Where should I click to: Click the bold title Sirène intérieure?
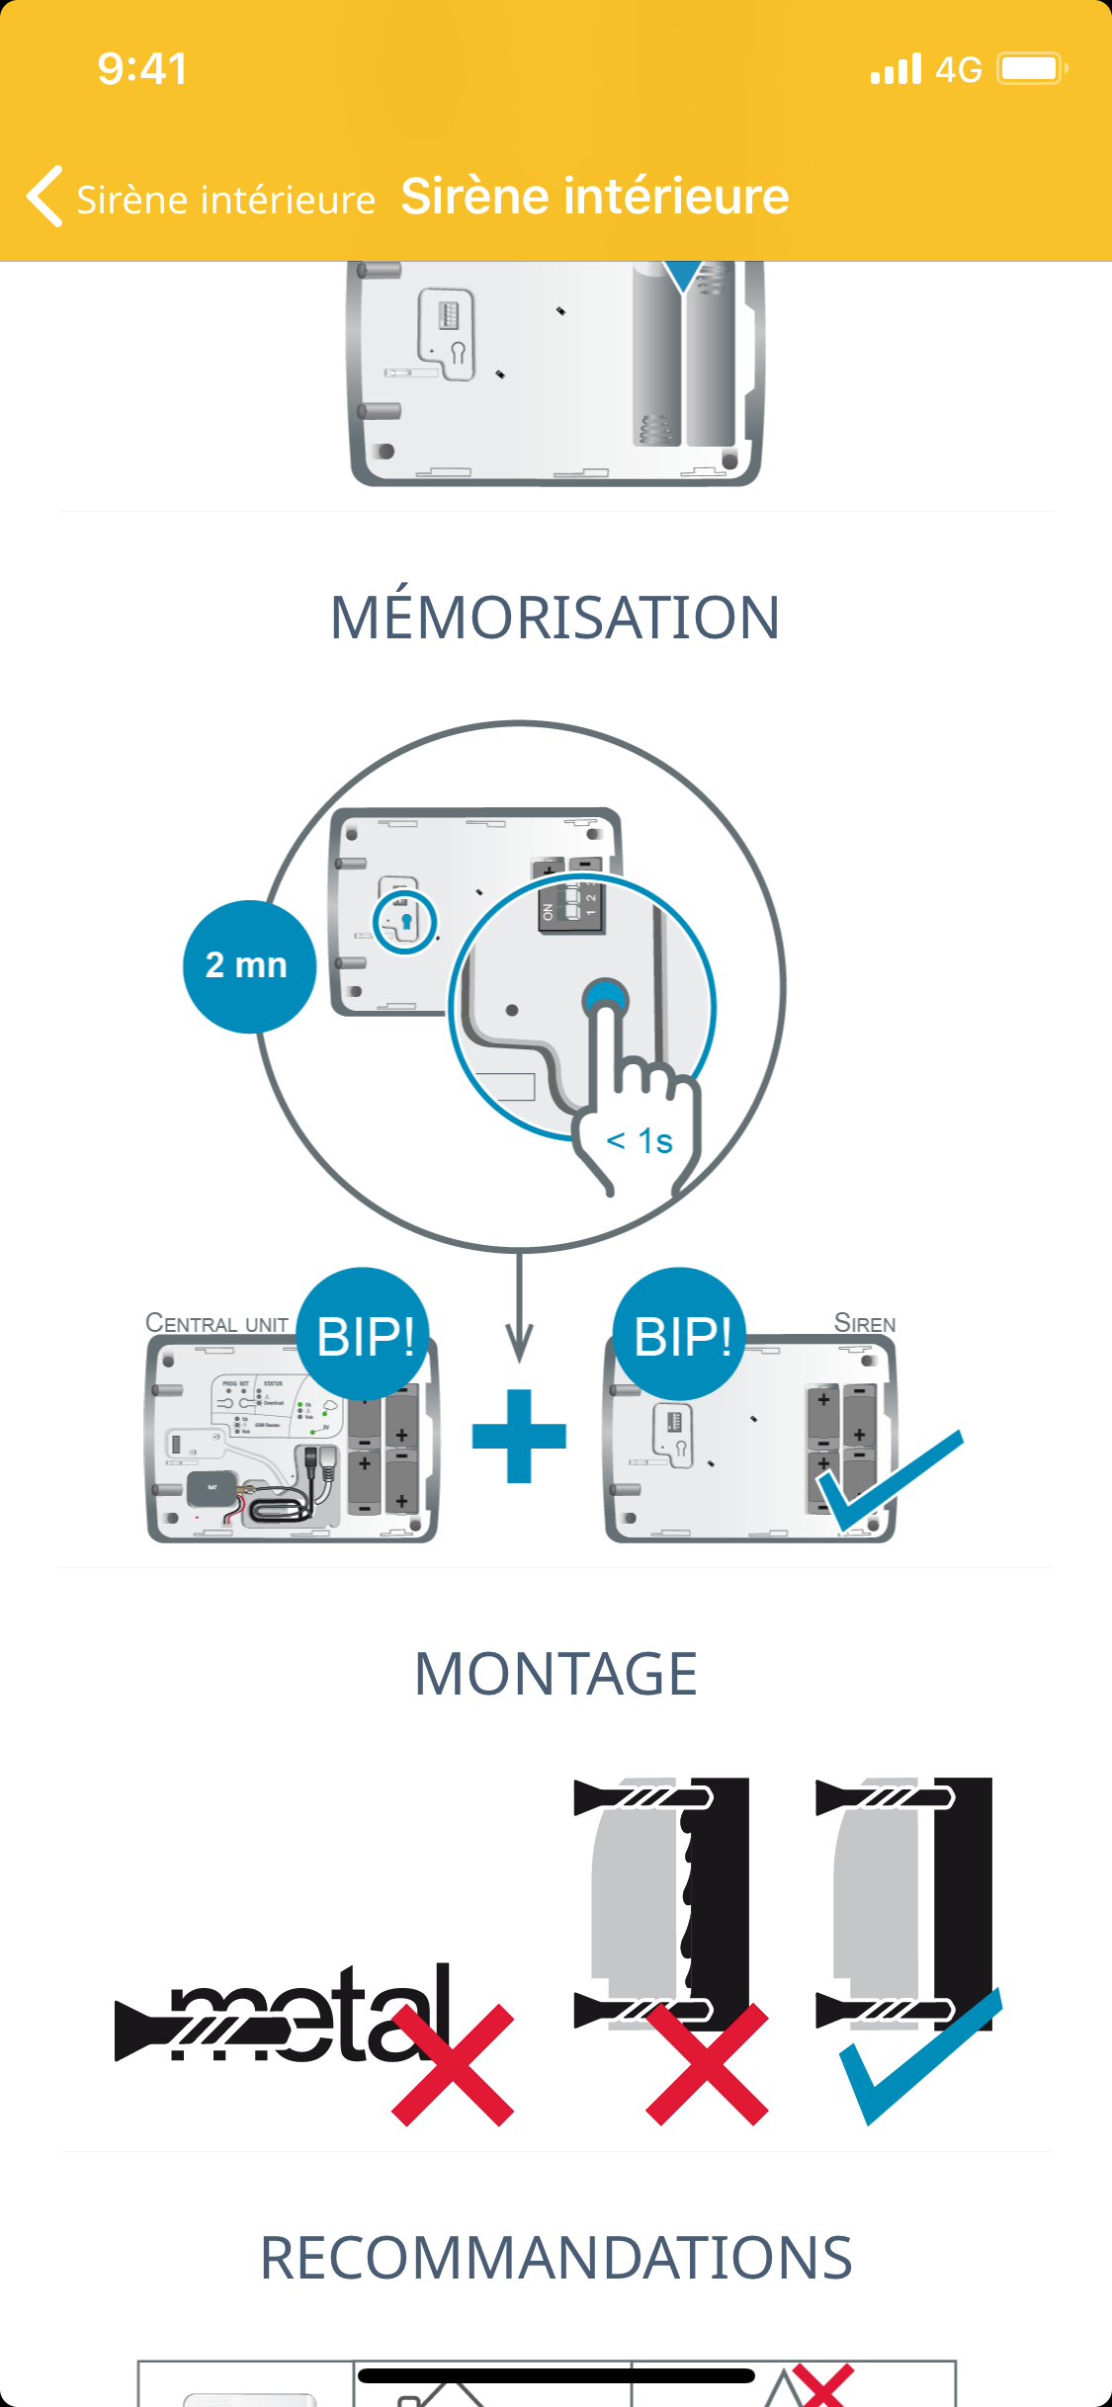pos(594,197)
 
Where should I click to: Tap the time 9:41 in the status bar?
pos(142,69)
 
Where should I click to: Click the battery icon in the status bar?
pos(1031,69)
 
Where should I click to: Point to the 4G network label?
pos(958,70)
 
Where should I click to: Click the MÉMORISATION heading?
pos(556,618)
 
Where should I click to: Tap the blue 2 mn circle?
pos(248,966)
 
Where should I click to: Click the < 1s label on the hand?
pos(640,1141)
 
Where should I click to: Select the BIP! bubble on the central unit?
pos(365,1336)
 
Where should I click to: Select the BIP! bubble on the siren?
pos(682,1336)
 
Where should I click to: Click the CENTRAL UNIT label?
pos(216,1323)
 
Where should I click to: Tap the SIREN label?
pos(865,1323)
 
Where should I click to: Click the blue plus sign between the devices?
pos(519,1436)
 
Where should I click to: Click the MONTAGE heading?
pos(556,1674)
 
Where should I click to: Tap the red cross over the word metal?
pos(453,2064)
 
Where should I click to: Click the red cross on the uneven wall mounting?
pos(707,2064)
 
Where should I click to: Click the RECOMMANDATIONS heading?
pos(556,2258)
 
